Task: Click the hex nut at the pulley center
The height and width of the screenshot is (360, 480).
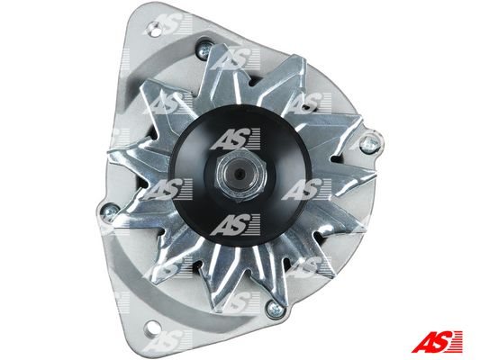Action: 241,175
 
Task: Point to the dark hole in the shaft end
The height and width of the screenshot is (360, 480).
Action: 240,174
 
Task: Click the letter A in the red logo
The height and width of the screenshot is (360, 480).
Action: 423,341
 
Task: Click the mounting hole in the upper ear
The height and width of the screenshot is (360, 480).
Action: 155,30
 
